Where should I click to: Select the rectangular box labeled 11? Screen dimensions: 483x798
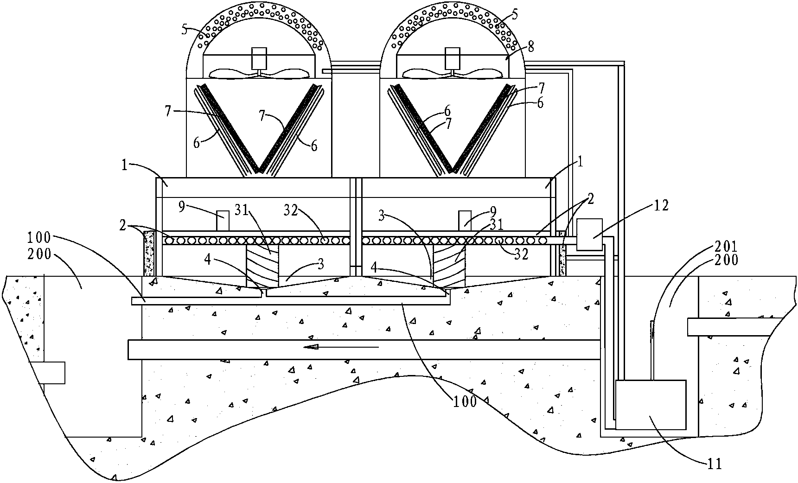click(x=650, y=404)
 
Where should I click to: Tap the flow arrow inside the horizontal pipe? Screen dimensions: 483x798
click(x=341, y=347)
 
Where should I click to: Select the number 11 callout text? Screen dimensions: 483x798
click(x=715, y=463)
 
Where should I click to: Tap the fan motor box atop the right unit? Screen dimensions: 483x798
click(x=452, y=58)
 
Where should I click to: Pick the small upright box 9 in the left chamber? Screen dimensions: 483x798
click(x=223, y=221)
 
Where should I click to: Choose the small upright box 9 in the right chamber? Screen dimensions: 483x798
click(x=465, y=221)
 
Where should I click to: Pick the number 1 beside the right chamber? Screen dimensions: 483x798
click(x=581, y=162)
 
